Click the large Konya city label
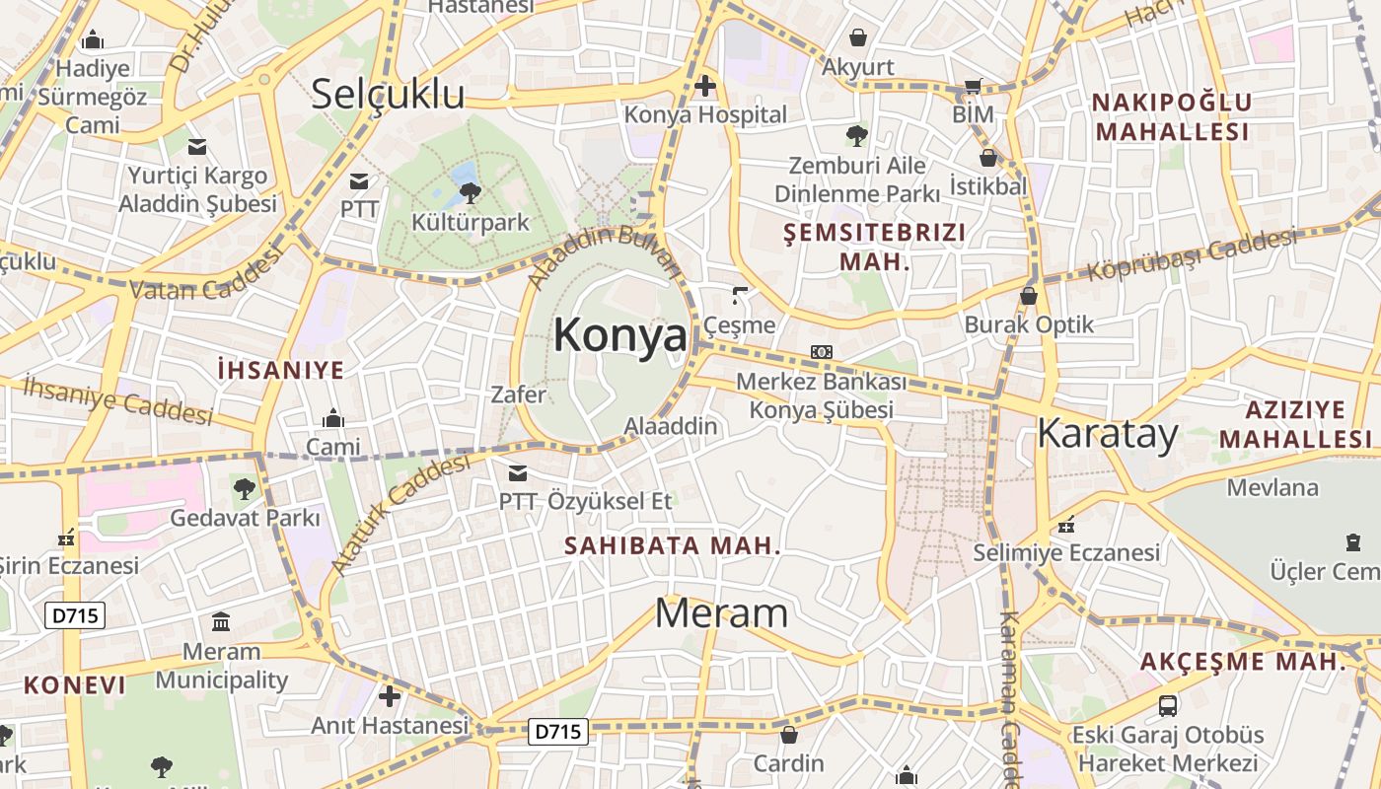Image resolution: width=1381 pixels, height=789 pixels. click(x=619, y=335)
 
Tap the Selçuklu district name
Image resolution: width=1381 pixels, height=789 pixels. click(x=388, y=94)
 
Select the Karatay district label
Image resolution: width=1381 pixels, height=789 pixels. click(x=1108, y=434)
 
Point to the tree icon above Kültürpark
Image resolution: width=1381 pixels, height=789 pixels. click(x=471, y=192)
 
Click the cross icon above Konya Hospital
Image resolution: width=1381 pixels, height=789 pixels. click(x=705, y=87)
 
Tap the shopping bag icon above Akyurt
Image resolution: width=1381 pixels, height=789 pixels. click(x=858, y=37)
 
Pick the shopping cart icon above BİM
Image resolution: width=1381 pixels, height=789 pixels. click(x=973, y=87)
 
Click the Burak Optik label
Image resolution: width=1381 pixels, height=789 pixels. click(x=1029, y=324)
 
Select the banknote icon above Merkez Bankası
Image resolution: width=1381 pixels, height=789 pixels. click(x=821, y=352)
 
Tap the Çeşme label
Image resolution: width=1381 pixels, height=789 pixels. click(x=739, y=324)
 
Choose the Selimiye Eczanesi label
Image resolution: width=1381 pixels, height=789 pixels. click(x=1066, y=552)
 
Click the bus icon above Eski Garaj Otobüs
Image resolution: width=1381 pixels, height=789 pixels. click(x=1168, y=705)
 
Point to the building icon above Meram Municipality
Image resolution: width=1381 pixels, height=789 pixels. click(x=221, y=622)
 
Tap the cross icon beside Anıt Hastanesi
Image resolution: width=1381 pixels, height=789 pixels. click(x=390, y=696)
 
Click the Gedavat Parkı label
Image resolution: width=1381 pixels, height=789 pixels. click(x=246, y=517)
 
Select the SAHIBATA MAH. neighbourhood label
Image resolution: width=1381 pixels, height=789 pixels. click(x=673, y=545)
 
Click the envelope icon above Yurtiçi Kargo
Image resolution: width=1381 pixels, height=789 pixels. click(x=197, y=147)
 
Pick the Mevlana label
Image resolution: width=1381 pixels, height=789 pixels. click(x=1272, y=487)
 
